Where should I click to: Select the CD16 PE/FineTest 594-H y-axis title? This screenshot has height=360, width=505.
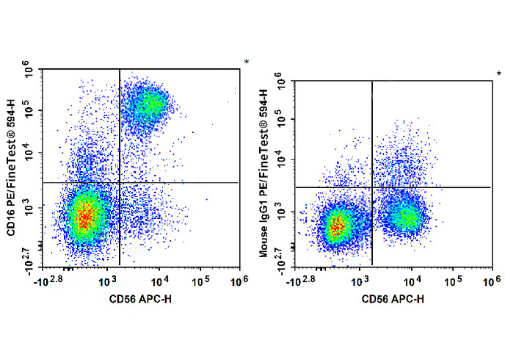pos(12,167)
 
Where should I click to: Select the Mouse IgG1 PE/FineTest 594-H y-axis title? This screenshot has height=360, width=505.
pos(265,171)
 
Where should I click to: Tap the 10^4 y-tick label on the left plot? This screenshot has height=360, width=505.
pos(31,153)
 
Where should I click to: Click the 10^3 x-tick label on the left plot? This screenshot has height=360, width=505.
pos(107,280)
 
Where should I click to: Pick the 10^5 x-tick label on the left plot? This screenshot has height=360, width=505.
pos(201,280)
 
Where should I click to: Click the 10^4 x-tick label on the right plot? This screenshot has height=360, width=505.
pos(411,280)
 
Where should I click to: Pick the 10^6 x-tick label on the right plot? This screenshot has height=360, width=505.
pos(489,280)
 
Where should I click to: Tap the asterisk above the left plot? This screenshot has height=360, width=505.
pos(247,62)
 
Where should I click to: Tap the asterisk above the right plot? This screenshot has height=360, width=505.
pos(499,73)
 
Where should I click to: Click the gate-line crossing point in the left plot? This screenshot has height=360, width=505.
pos(119,182)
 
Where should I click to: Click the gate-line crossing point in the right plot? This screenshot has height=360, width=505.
pos(372,187)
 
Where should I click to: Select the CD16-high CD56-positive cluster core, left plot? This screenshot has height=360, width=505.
pos(149,102)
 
